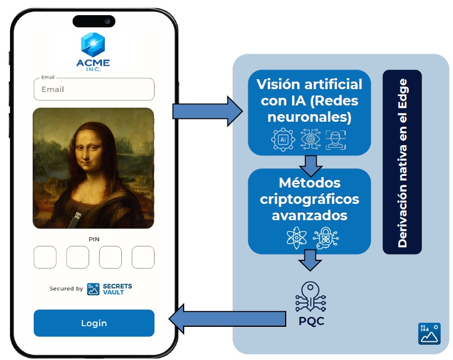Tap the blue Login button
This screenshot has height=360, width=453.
click(94, 323)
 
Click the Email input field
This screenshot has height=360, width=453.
click(94, 89)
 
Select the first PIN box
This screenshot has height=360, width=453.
click(45, 257)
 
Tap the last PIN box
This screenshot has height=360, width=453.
click(143, 257)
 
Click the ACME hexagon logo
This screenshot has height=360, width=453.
click(93, 45)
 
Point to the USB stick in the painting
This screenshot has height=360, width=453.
click(76, 220)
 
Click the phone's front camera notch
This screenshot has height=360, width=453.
click(94, 22)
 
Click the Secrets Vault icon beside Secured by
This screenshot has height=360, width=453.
click(93, 290)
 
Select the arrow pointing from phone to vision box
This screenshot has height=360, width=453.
click(208, 111)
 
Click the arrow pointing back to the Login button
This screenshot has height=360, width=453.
click(227, 319)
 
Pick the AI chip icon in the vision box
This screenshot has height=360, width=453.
click(283, 140)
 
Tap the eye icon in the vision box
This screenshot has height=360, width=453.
click(310, 139)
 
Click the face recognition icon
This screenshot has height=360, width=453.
click(336, 140)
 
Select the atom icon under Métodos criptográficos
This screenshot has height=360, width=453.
click(296, 238)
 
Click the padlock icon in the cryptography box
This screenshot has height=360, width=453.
click(326, 238)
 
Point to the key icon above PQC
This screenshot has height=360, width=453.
click(311, 297)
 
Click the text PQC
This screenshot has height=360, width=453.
click(311, 321)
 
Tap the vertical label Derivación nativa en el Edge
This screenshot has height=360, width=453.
click(402, 163)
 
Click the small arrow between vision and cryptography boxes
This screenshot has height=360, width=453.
click(311, 166)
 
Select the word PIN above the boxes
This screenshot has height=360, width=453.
click(94, 239)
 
